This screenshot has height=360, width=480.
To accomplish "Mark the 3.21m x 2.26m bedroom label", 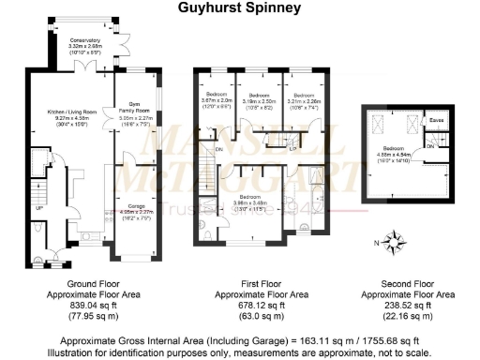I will (x=304, y=98).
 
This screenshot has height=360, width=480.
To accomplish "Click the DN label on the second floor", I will (x=430, y=145).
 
